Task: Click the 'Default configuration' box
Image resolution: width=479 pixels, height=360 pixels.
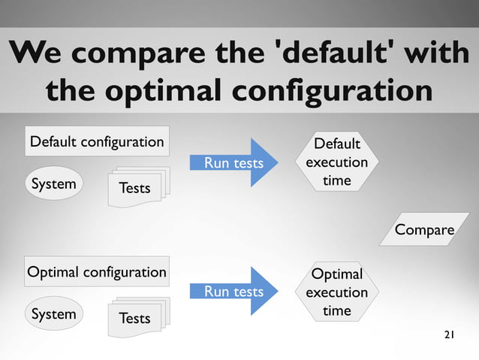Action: tap(96, 141)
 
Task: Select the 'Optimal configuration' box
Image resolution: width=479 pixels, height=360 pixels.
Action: tap(96, 272)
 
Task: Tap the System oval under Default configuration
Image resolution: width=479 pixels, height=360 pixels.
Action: tap(53, 184)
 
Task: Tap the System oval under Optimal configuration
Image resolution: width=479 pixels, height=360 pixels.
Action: tap(53, 314)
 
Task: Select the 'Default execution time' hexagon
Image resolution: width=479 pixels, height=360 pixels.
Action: tap(336, 162)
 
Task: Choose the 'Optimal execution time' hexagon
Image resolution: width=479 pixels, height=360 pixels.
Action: tap(336, 292)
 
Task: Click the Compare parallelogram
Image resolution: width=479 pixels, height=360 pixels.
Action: tap(424, 230)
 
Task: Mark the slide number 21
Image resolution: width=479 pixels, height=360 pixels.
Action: tap(449, 334)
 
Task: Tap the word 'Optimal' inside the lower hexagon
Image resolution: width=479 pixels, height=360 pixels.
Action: tap(336, 274)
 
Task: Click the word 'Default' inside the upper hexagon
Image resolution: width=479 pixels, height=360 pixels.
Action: tap(336, 144)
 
